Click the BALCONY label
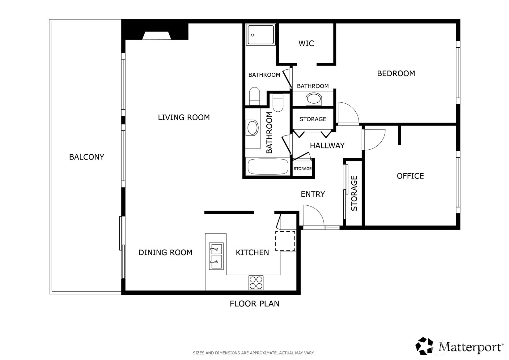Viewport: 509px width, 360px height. pyautogui.click(x=87, y=157)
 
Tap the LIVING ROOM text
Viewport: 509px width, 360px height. pyautogui.click(x=184, y=117)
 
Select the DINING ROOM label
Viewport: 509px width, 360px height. pyautogui.click(x=165, y=252)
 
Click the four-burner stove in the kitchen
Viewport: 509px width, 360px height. pyautogui.click(x=256, y=283)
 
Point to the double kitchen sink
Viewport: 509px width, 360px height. pyautogui.click(x=216, y=256)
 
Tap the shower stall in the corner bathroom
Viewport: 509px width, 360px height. pyautogui.click(x=261, y=35)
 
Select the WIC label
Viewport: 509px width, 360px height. pyautogui.click(x=306, y=43)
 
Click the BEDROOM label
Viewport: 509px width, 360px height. pyautogui.click(x=396, y=74)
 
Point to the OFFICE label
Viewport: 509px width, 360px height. pyautogui.click(x=410, y=176)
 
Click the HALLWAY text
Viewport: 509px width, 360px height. pyautogui.click(x=327, y=146)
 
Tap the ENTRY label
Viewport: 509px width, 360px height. pyautogui.click(x=313, y=194)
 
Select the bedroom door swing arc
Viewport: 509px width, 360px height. pyautogui.click(x=353, y=108)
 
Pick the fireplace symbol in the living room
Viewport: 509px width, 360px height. pyautogui.click(x=157, y=36)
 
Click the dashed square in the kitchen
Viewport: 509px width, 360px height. pyautogui.click(x=285, y=241)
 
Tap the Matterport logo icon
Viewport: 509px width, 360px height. pyautogui.click(x=424, y=346)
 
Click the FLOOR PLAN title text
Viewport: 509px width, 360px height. pyautogui.click(x=255, y=304)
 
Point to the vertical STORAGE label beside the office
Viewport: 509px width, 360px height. pyautogui.click(x=354, y=193)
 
